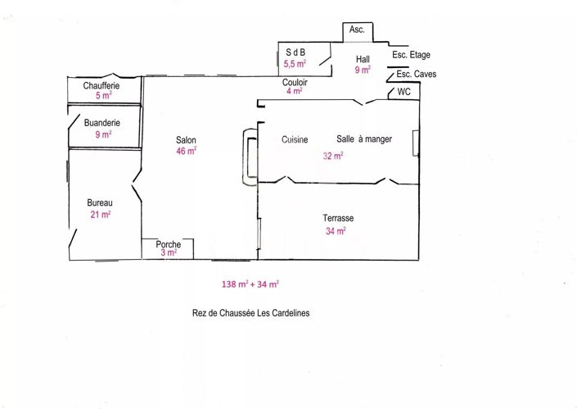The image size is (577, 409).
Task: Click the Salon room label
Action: click(x=186, y=140)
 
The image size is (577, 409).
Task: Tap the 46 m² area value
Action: click(x=187, y=151)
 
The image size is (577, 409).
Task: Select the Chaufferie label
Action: click(x=101, y=86)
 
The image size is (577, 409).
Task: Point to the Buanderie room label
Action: click(x=102, y=123)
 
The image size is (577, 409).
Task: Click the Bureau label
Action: click(x=100, y=202)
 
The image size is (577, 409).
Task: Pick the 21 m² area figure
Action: click(x=101, y=214)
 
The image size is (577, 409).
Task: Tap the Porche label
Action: click(x=168, y=244)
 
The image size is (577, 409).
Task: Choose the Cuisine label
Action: click(x=295, y=139)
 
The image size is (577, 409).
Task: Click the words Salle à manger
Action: click(x=364, y=139)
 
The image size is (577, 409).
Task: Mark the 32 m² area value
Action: click(x=333, y=156)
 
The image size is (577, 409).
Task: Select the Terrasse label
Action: click(x=338, y=218)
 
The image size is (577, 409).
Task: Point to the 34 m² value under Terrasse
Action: click(x=336, y=231)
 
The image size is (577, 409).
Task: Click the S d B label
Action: click(x=295, y=52)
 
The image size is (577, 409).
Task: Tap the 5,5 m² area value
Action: click(x=295, y=64)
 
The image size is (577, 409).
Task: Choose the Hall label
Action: click(x=363, y=59)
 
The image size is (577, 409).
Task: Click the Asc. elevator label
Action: click(x=357, y=30)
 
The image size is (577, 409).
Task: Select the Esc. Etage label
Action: click(x=411, y=55)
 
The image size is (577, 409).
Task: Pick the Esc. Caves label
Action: click(x=417, y=74)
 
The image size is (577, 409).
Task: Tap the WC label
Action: click(x=403, y=92)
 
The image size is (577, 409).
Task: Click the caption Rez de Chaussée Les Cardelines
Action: click(x=251, y=313)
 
